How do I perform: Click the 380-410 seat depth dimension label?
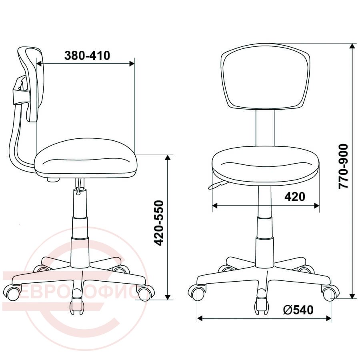(x=87, y=56)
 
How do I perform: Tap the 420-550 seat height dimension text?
(x=159, y=223)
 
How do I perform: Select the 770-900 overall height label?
(x=343, y=166)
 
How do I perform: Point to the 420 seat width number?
(x=295, y=196)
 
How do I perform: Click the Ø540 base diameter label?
(x=298, y=310)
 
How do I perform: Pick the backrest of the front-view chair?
(x=265, y=76)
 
